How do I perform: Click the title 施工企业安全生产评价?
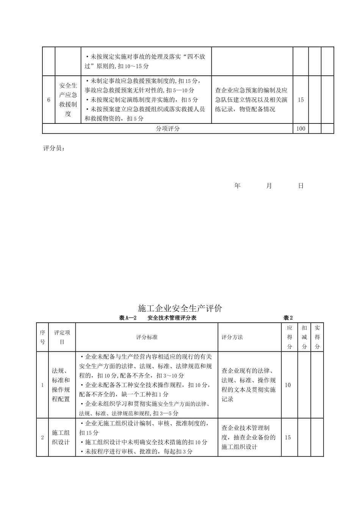pyautogui.click(x=180, y=308)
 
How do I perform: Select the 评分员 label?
pyautogui.click(x=54, y=149)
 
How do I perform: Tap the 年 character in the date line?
pyautogui.click(x=238, y=186)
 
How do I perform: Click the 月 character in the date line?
pyautogui.click(x=269, y=186)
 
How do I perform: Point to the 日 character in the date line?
pyautogui.click(x=301, y=186)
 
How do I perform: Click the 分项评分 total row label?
pyautogui.click(x=168, y=128)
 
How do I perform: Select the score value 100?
pyautogui.click(x=301, y=128)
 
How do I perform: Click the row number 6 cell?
pyautogui.click(x=49, y=100)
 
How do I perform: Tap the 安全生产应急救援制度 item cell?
pyautogui.click(x=68, y=100)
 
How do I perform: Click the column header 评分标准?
pyautogui.click(x=147, y=337)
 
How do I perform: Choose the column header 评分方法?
pyautogui.click(x=232, y=337)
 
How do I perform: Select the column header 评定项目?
pyautogui.click(x=62, y=337)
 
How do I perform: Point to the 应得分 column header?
pyautogui.click(x=290, y=337)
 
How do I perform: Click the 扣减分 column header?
pyautogui.click(x=304, y=337)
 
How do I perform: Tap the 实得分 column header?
pyautogui.click(x=317, y=337)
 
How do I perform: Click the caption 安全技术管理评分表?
pyautogui.click(x=172, y=318)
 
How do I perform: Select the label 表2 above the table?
pyautogui.click(x=288, y=318)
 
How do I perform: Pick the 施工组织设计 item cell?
pyautogui.click(x=61, y=437)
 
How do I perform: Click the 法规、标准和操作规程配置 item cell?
pyautogui.click(x=61, y=385)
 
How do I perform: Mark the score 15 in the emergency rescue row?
pyautogui.click(x=301, y=100)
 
